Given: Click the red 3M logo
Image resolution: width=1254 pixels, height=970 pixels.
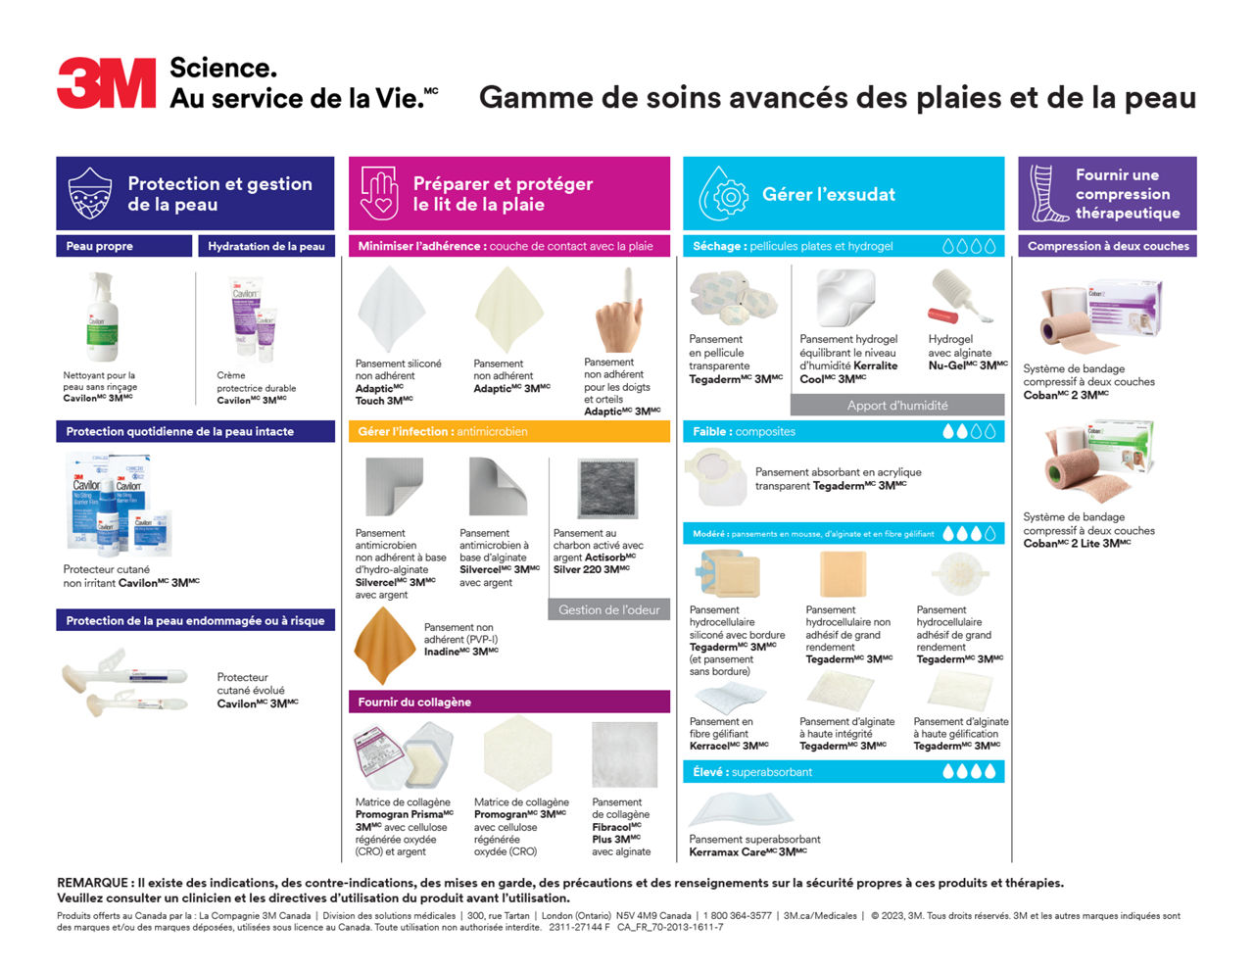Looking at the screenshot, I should (106, 82).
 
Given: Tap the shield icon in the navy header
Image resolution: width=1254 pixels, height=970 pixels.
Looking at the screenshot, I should (89, 193).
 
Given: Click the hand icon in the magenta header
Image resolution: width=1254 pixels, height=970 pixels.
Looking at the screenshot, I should (379, 193).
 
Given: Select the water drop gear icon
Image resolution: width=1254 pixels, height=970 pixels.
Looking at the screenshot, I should (723, 193).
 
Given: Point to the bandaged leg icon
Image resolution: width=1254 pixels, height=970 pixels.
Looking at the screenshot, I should (1045, 193).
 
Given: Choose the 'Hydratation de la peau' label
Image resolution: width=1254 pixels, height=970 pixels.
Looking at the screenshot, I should (265, 246).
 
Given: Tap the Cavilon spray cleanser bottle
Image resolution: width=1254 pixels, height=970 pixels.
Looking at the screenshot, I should (100, 317).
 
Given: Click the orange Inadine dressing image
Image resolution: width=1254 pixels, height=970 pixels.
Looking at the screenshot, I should (385, 645).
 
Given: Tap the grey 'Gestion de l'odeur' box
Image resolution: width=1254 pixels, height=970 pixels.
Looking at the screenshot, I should (608, 609).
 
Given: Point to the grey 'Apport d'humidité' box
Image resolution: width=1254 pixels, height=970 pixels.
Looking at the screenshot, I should (896, 405).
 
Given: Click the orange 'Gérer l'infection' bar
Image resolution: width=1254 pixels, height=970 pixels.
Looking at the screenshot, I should (508, 431).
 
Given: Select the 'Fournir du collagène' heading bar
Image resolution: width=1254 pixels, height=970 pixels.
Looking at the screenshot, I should (508, 702).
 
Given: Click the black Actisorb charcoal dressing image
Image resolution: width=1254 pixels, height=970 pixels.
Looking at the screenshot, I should (607, 489).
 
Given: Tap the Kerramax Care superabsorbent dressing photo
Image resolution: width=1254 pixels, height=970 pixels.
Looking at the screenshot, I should (741, 810).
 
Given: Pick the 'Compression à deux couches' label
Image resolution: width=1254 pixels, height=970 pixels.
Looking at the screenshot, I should (1107, 246).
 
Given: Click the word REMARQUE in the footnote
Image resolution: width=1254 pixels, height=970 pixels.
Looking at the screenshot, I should (93, 883).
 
